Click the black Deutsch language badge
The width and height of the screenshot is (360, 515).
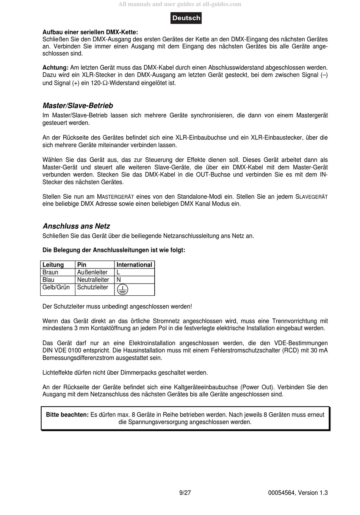186,18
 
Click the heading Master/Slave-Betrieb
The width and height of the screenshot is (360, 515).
78,106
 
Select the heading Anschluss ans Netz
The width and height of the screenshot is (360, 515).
76,226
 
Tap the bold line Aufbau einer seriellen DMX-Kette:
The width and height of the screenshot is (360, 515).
90,32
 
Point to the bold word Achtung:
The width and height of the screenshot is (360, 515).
55,68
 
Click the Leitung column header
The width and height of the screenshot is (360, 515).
53,265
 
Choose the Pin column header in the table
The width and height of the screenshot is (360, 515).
81,265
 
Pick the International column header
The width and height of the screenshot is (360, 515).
134,265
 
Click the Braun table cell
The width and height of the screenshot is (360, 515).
50,272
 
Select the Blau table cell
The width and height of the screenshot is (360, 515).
49,280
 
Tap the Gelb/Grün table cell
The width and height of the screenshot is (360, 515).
56,287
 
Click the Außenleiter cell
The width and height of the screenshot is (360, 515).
92,272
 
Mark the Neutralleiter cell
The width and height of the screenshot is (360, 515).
93,280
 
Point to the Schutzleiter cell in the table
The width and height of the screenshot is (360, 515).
92,287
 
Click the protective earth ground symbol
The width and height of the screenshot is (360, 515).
122,290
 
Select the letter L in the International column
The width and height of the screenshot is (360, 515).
118,272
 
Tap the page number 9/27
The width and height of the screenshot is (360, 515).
185,493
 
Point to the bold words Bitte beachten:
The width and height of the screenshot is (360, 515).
67,415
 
